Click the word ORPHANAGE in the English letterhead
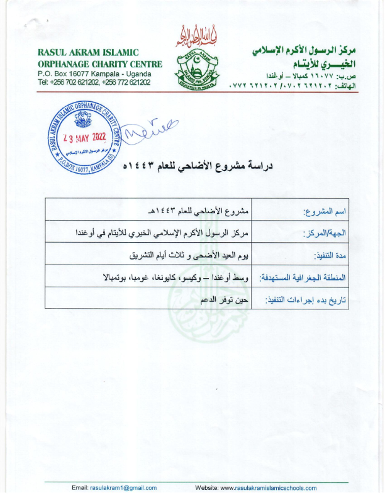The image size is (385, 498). point(64,64)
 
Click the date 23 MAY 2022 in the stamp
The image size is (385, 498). point(84,137)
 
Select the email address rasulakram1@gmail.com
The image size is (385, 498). point(123,488)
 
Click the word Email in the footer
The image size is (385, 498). point(80,488)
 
